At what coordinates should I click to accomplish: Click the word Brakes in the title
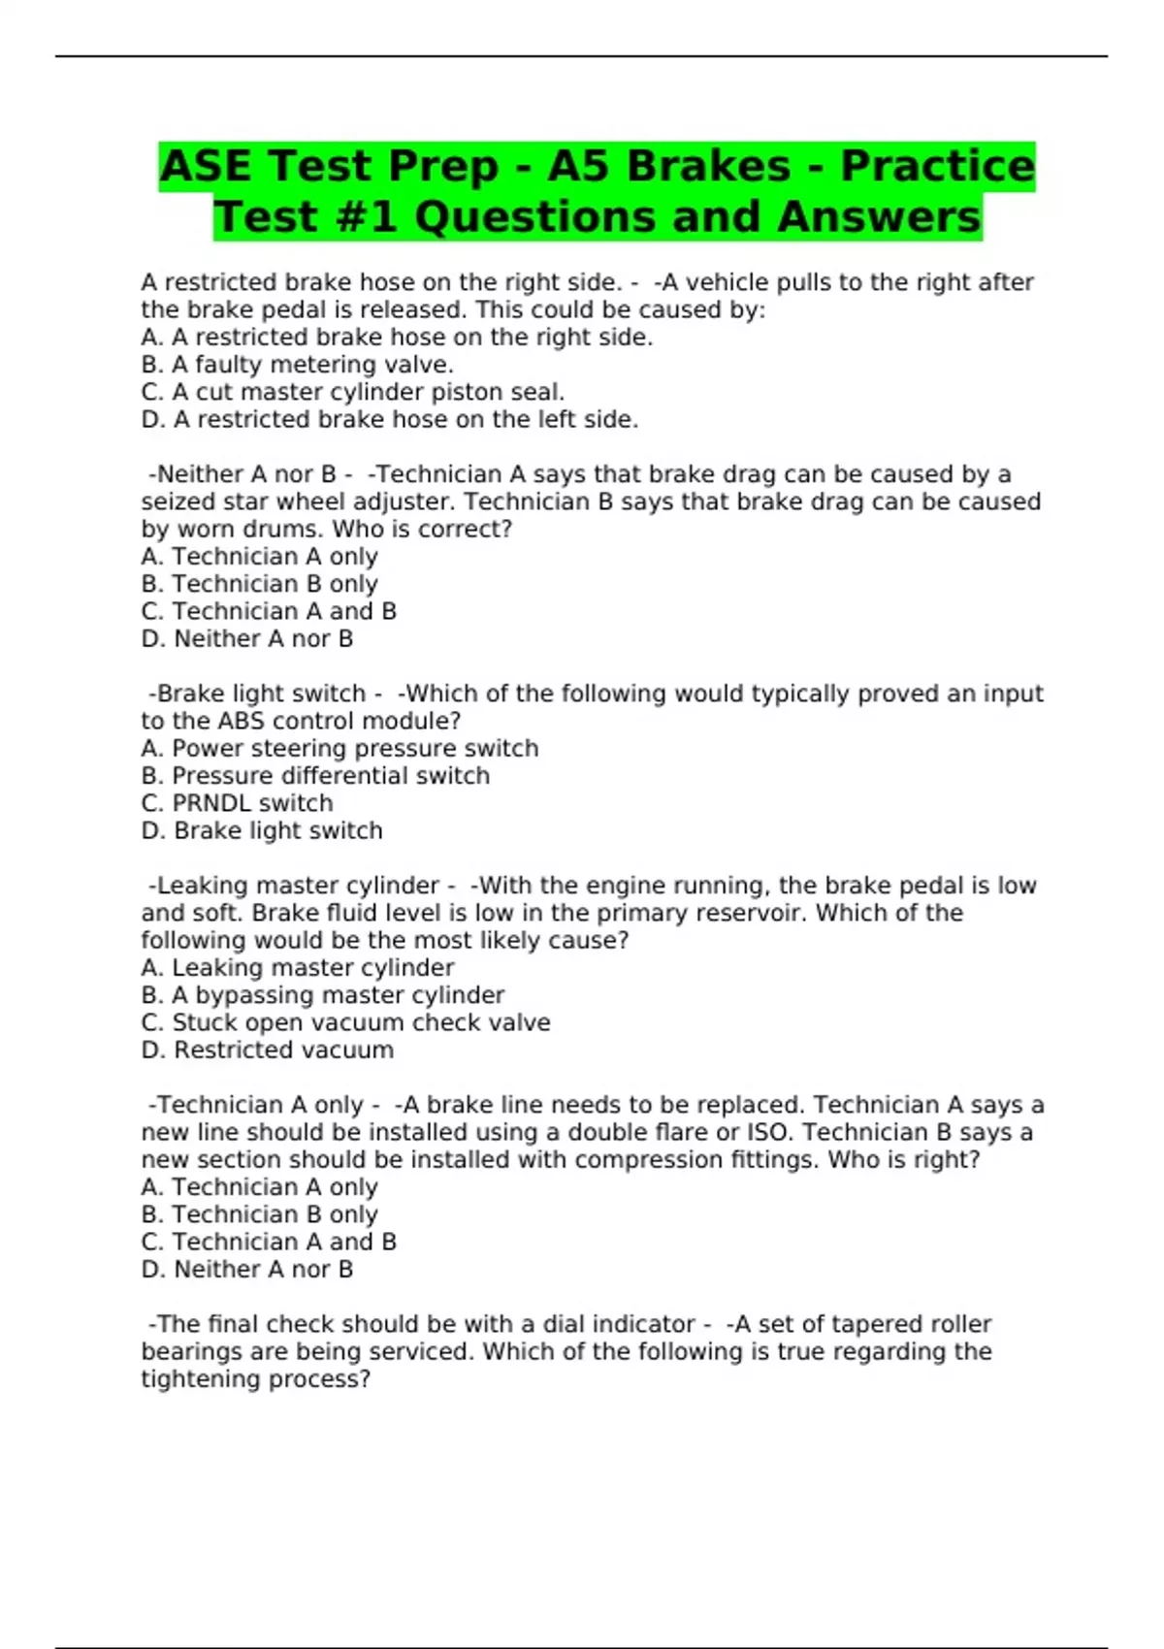707,166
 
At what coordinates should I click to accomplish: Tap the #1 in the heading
368,216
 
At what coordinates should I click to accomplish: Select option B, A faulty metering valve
297,365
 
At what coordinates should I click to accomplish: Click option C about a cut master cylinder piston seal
352,392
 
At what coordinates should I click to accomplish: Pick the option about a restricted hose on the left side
389,419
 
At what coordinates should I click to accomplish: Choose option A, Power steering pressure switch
339,748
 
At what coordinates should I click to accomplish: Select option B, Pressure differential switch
315,775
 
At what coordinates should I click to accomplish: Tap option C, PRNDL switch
237,803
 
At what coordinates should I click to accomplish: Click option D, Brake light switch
262,830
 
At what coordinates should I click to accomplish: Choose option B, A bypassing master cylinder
322,994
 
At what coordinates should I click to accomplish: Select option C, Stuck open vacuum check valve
345,1022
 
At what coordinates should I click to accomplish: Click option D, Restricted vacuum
267,1050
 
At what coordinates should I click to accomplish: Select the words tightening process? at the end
256,1378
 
